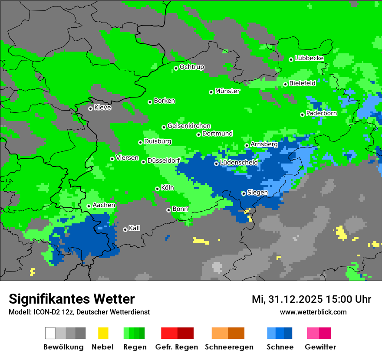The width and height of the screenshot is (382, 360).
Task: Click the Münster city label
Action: pyautogui.click(x=227, y=91)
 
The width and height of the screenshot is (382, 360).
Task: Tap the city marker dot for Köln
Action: pyautogui.click(x=158, y=189)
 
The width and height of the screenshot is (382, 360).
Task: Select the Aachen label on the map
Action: pyautogui.click(x=104, y=205)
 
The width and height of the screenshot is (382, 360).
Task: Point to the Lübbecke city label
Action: pyautogui.click(x=309, y=58)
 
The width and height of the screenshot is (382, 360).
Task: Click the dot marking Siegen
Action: pyautogui.click(x=244, y=193)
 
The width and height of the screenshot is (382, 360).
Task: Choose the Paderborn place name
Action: pyautogui.click(x=321, y=114)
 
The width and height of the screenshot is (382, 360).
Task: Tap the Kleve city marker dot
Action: pyautogui.click(x=90, y=108)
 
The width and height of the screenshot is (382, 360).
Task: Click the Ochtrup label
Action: pyautogui.click(x=191, y=67)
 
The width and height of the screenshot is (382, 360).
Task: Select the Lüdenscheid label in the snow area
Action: pyautogui.click(x=239, y=163)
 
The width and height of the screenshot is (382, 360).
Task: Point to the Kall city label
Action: pyautogui.click(x=134, y=228)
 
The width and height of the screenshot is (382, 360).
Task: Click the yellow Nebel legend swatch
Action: pyautogui.click(x=103, y=333)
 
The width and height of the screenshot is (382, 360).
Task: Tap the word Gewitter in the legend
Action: pyautogui.click(x=320, y=347)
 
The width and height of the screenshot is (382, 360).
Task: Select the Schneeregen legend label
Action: pyautogui.click(x=229, y=347)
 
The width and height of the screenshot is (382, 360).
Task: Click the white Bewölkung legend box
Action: pyautogui.click(x=50, y=333)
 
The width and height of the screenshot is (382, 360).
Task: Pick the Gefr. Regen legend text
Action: pyautogui.click(x=177, y=347)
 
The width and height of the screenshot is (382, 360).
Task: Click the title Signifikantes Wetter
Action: pyautogui.click(x=72, y=299)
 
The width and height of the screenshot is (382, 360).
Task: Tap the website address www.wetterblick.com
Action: pyautogui.click(x=313, y=312)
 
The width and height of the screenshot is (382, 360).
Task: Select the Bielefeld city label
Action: pyautogui.click(x=302, y=83)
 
